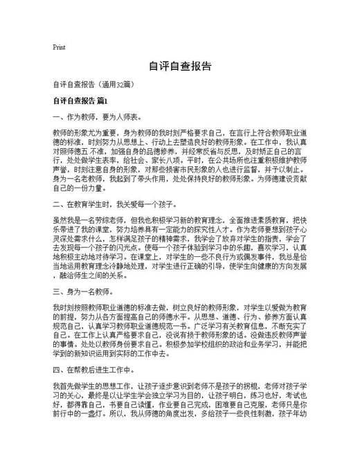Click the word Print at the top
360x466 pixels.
59,48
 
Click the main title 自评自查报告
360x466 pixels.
180,67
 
